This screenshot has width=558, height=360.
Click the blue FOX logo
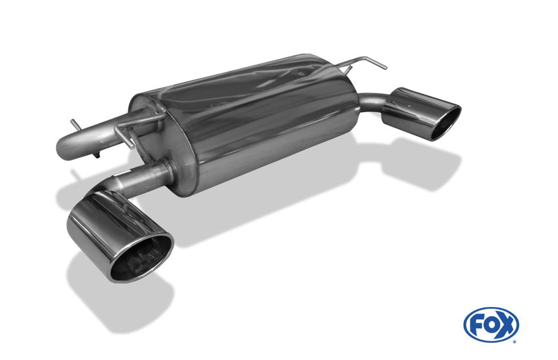point(491,325)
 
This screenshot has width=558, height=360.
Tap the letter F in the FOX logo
point(476,324)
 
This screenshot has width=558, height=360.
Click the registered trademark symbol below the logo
point(514,342)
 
